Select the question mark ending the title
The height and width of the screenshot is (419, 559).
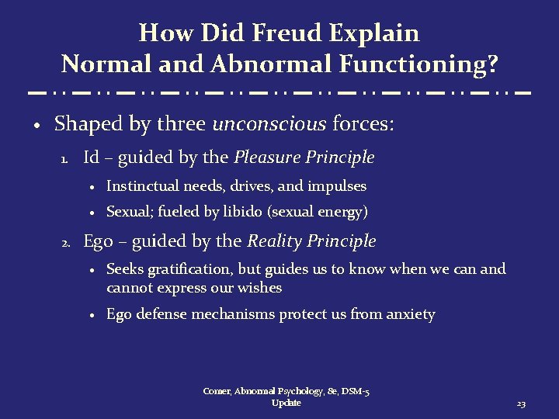pos(491,63)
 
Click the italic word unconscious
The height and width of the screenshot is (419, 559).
pos(269,124)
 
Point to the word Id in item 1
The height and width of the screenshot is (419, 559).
pos(91,158)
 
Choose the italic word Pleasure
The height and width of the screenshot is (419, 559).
pos(269,158)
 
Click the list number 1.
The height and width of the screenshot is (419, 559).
pos(66,159)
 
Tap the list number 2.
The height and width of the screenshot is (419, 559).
pos(67,243)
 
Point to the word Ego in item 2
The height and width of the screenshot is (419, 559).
pos(97,242)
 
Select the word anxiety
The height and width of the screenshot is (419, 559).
pos(410,314)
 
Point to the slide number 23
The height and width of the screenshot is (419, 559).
pos(521,404)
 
